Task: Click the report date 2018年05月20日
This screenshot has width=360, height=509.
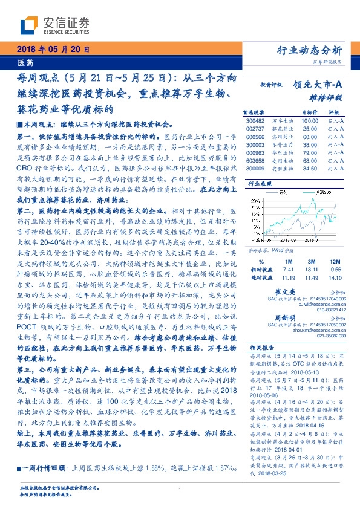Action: pos(53,50)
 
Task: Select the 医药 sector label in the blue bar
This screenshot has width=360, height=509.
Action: pos(25,63)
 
